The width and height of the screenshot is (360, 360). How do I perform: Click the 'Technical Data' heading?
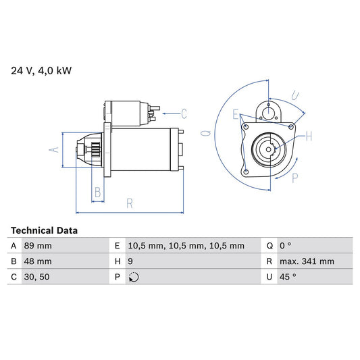pyautogui.click(x=44, y=230)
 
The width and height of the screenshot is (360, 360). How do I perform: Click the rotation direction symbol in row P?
pyautogui.click(x=134, y=277)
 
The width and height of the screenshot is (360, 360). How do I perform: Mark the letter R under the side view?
pyautogui.click(x=129, y=202)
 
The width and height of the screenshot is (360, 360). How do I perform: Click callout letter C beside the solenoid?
pyautogui.click(x=183, y=113)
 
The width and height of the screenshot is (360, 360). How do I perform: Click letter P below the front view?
pyautogui.click(x=295, y=178)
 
